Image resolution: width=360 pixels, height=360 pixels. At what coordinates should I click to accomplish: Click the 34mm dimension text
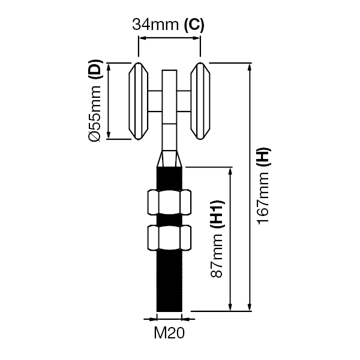coord(155,25)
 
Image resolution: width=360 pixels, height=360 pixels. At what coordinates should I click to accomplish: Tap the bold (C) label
coord(193,25)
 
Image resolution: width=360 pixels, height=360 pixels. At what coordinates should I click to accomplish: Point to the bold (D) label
coord(94,71)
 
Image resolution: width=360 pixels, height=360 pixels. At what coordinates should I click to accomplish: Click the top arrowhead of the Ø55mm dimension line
coord(109,65)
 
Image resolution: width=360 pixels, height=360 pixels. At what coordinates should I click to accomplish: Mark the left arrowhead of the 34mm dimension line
coord(142,38)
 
